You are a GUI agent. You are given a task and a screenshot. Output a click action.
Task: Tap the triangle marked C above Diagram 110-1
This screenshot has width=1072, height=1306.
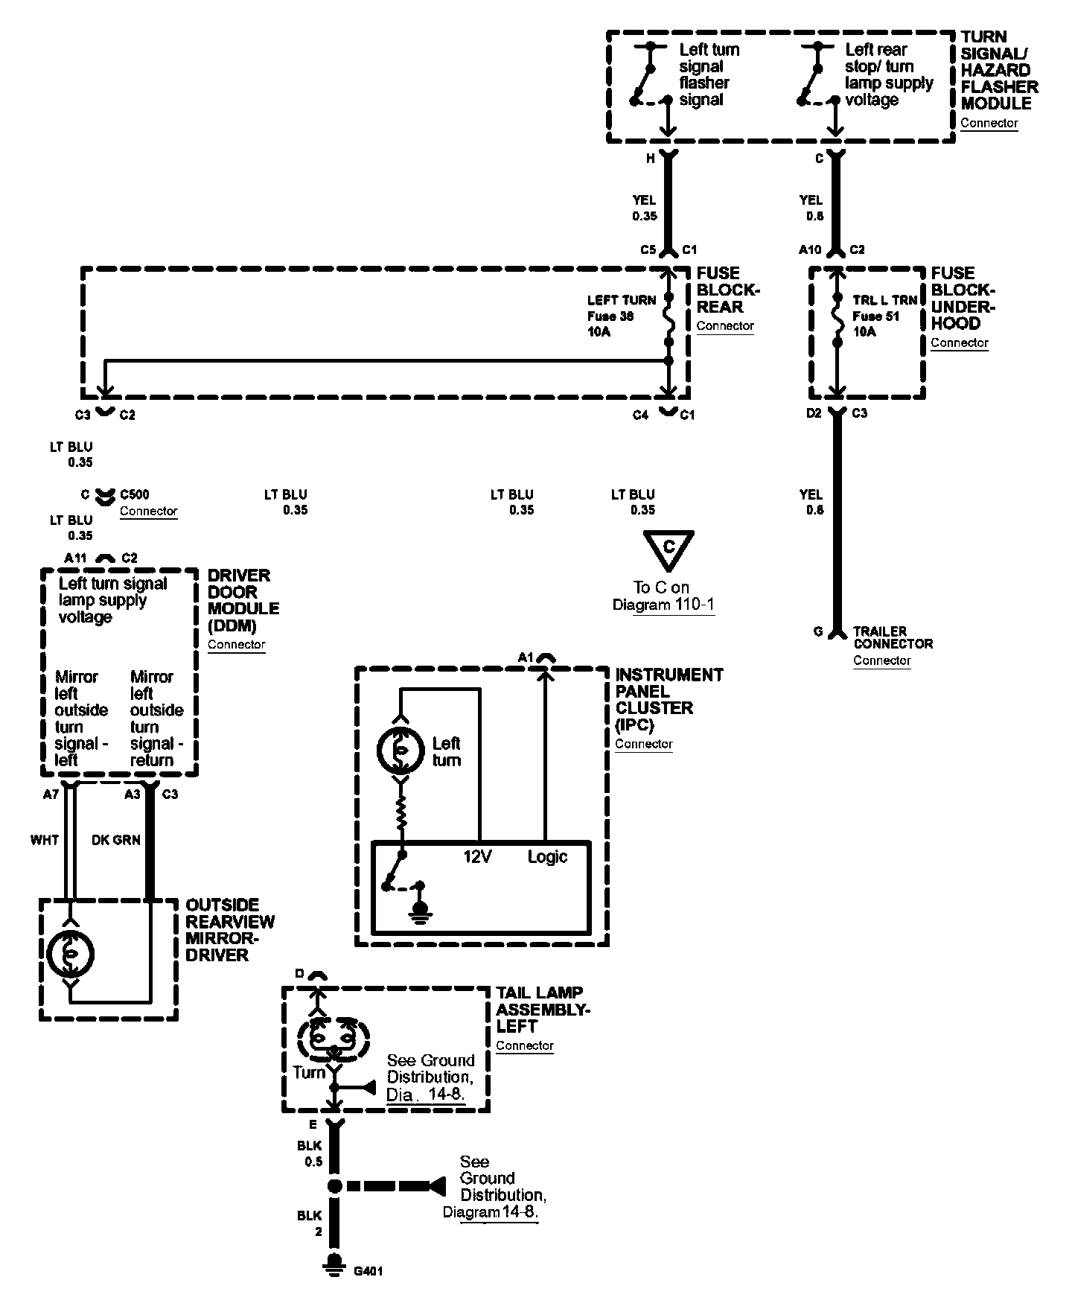[x=669, y=550]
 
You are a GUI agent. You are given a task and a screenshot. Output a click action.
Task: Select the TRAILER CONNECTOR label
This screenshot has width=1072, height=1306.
[x=893, y=637]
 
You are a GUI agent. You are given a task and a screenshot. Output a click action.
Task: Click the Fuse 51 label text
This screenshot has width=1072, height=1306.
[x=875, y=316]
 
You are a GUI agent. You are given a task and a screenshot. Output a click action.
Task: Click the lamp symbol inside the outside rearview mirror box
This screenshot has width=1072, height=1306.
[x=70, y=952]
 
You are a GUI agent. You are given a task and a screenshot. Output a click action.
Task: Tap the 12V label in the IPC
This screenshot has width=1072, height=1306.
[x=477, y=856]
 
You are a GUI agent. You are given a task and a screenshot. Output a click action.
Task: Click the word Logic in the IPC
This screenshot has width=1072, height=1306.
[x=547, y=856]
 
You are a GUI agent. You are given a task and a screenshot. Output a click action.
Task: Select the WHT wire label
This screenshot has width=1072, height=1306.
[x=45, y=840]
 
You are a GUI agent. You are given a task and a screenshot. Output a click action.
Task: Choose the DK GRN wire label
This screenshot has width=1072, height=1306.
[x=115, y=840]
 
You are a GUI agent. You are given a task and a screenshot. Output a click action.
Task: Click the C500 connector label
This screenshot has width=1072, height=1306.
[x=134, y=494]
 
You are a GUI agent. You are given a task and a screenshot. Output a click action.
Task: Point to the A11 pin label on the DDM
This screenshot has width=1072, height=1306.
[x=76, y=558]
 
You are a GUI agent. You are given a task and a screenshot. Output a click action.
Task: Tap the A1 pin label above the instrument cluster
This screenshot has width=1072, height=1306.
[x=526, y=657]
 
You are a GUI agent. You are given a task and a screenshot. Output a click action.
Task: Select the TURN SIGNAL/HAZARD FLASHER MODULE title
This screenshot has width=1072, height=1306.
[x=998, y=70]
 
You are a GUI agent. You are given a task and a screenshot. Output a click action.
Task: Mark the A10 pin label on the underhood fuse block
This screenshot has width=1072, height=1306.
[x=810, y=249]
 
